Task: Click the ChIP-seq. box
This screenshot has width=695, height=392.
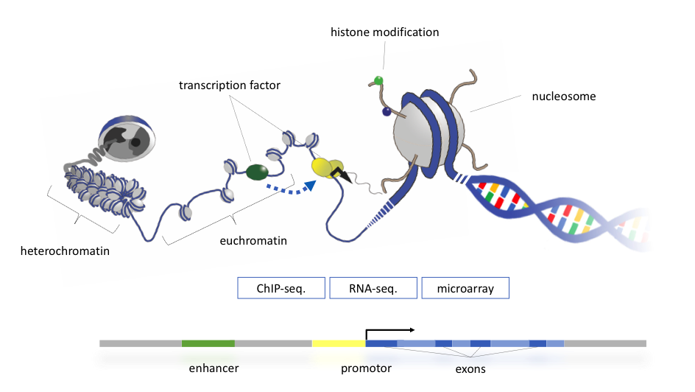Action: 281,288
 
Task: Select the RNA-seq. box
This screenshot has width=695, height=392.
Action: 373,288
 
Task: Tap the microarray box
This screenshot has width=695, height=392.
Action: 465,288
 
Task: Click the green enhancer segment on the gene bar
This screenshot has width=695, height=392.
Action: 208,343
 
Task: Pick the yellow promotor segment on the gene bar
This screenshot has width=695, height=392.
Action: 339,343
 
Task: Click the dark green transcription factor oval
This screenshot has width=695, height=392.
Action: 257,172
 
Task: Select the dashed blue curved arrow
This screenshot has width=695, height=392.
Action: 291,190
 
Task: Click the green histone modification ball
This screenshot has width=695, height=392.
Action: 378,81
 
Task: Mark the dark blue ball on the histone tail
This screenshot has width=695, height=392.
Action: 387,112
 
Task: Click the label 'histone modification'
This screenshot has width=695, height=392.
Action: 385,32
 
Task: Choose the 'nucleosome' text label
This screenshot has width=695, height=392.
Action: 564,97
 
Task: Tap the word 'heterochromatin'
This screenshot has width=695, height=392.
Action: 65,251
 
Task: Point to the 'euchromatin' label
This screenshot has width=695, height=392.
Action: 253,241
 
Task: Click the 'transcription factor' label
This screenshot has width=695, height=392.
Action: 230,85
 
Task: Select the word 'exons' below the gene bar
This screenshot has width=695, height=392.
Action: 470,369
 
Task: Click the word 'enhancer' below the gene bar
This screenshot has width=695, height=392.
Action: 214,368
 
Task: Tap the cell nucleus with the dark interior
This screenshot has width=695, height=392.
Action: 127,139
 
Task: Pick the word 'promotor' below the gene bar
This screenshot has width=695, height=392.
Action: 366,368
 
